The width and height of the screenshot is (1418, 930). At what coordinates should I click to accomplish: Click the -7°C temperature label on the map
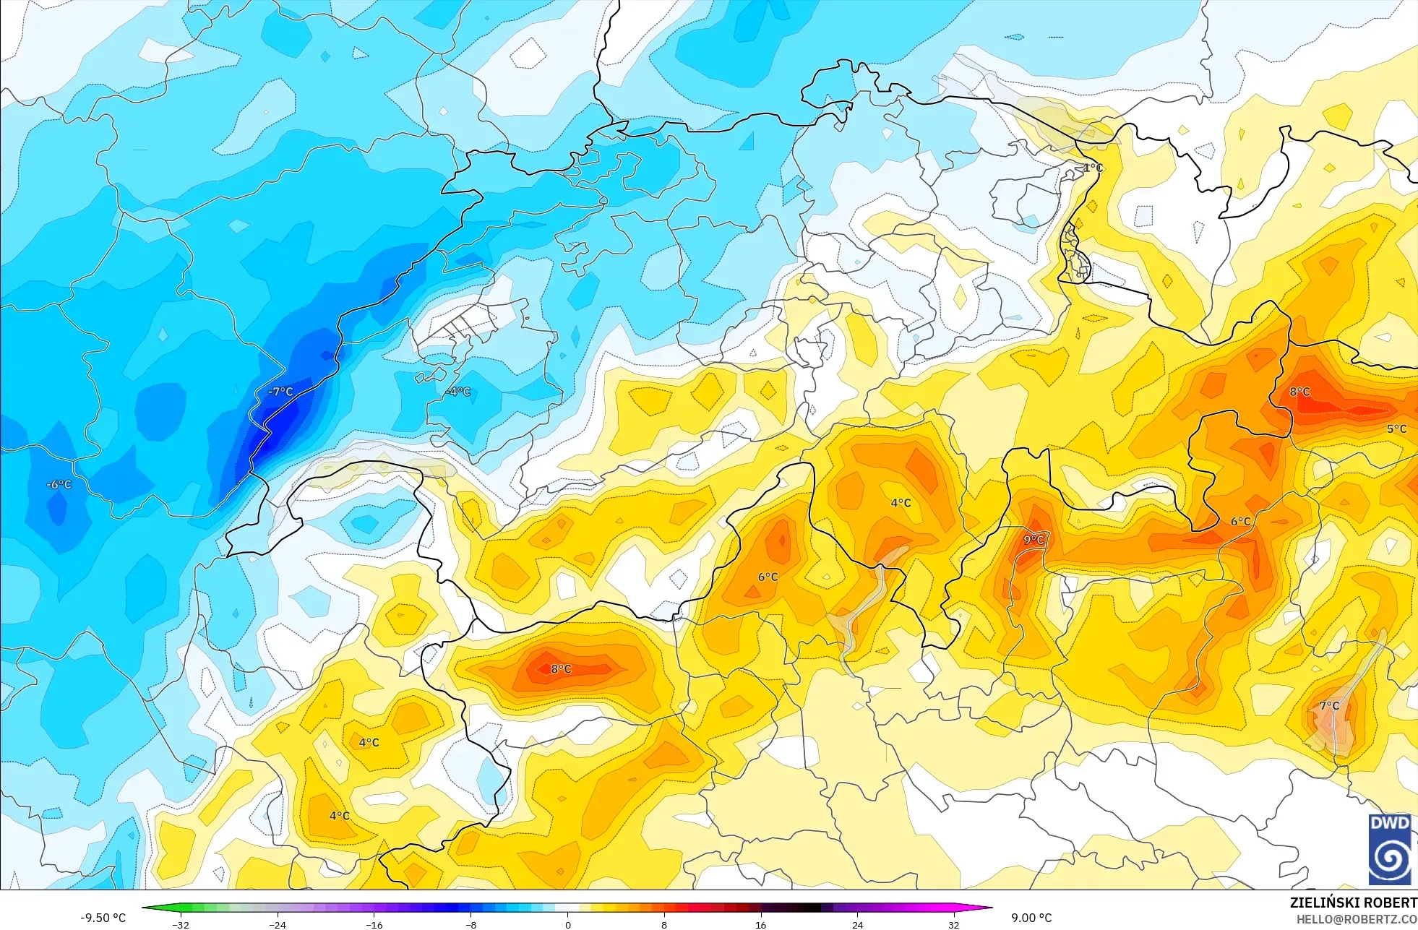coord(280,392)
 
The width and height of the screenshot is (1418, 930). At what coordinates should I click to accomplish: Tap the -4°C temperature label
coord(458,392)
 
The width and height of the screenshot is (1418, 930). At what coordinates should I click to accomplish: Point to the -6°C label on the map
coord(59,484)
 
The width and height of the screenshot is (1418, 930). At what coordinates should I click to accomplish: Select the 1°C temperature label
coord(1093,168)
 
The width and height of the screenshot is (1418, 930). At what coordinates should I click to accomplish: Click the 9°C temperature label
coord(1034,540)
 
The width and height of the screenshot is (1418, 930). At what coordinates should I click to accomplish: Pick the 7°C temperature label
coord(1329,705)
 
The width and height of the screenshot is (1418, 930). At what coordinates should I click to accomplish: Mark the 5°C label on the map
coord(1396,429)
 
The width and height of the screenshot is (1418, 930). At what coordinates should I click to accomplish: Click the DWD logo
coord(1389,849)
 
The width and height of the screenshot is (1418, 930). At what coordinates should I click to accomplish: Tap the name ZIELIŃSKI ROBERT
coord(1353,903)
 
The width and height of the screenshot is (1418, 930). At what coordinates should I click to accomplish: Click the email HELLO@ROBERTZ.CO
coord(1356,919)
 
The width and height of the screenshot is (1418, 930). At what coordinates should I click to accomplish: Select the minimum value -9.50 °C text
coord(103,918)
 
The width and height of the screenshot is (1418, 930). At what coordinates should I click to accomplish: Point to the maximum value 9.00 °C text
coord(1031,918)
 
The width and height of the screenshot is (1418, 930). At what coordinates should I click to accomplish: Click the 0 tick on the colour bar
coord(568,924)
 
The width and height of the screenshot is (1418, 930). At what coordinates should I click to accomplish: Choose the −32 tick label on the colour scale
coord(181,924)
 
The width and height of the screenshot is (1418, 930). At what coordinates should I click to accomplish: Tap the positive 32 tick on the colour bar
coord(954,924)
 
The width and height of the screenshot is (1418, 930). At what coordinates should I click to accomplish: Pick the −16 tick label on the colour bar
coord(374,924)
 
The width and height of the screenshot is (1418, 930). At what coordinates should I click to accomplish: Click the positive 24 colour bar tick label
coord(857,924)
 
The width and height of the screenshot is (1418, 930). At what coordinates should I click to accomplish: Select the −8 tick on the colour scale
coord(470,924)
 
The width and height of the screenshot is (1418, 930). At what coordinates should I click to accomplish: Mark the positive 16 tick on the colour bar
coord(760,924)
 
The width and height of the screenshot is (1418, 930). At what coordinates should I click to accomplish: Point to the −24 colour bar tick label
coord(277,924)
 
